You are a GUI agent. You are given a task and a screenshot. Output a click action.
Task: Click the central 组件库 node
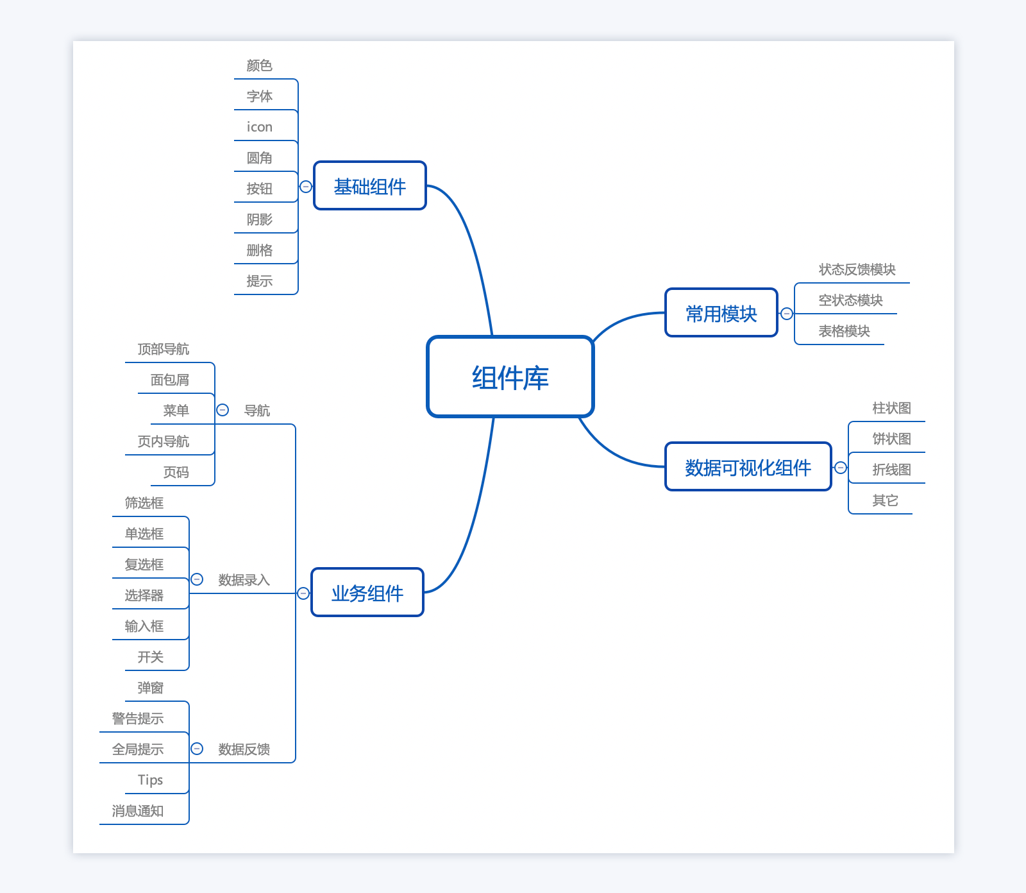[x=510, y=377]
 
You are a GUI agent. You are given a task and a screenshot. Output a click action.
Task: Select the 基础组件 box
[x=370, y=186]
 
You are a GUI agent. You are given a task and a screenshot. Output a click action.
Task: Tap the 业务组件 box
[x=367, y=593]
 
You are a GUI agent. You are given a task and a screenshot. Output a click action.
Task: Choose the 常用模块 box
[x=721, y=313]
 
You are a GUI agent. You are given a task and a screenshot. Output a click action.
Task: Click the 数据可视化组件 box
[x=748, y=467]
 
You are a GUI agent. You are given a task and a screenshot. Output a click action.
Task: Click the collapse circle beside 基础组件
[x=306, y=187]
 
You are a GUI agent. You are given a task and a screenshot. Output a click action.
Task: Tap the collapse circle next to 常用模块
[x=787, y=314]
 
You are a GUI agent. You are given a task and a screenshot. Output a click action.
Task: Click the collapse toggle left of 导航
[x=223, y=410]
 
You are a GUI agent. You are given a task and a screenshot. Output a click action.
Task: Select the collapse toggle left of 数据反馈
[x=197, y=749]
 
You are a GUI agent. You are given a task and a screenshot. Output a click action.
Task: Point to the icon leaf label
[x=260, y=127]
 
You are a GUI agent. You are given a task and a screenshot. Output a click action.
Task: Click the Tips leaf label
[x=151, y=780]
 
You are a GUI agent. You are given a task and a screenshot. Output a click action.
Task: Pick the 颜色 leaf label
[x=260, y=65]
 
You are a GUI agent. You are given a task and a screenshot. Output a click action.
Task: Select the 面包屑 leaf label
[x=170, y=380]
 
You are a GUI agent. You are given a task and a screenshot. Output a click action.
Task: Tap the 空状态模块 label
[x=850, y=300]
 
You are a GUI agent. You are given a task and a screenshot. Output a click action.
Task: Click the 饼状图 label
[x=891, y=439]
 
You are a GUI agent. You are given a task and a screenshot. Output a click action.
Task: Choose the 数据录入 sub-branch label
[x=244, y=580]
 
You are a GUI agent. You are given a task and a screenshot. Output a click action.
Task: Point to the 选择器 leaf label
[x=144, y=595]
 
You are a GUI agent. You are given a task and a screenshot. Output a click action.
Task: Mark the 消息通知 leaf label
[x=138, y=811]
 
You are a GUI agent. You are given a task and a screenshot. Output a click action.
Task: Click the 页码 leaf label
[x=176, y=472]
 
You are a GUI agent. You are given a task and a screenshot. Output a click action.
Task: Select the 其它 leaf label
[x=885, y=500]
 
